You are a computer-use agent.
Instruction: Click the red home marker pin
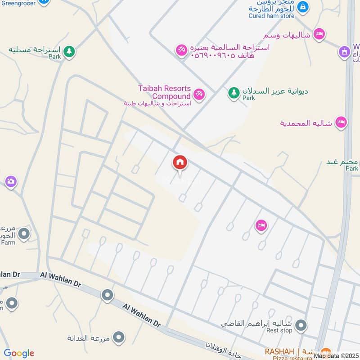[x=180, y=163]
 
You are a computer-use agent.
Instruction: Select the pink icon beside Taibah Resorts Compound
[x=198, y=94]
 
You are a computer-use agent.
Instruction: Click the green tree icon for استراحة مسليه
[x=69, y=52]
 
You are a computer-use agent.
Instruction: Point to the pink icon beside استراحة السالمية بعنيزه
[x=182, y=50]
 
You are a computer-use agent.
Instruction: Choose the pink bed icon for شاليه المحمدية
[x=341, y=122]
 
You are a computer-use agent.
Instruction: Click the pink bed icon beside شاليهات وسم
[x=319, y=34]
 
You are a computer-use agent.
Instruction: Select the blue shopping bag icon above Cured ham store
[x=304, y=6]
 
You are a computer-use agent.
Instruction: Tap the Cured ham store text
[x=271, y=16]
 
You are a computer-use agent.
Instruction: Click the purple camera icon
[x=11, y=182]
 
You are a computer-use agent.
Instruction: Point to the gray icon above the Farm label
[x=24, y=234]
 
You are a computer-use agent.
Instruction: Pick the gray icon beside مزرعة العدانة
[x=119, y=337]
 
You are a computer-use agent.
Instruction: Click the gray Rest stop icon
[x=301, y=324]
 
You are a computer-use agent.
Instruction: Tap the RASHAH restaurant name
[x=279, y=351]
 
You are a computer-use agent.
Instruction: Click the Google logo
[x=19, y=353]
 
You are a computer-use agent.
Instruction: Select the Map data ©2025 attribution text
[x=337, y=356]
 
